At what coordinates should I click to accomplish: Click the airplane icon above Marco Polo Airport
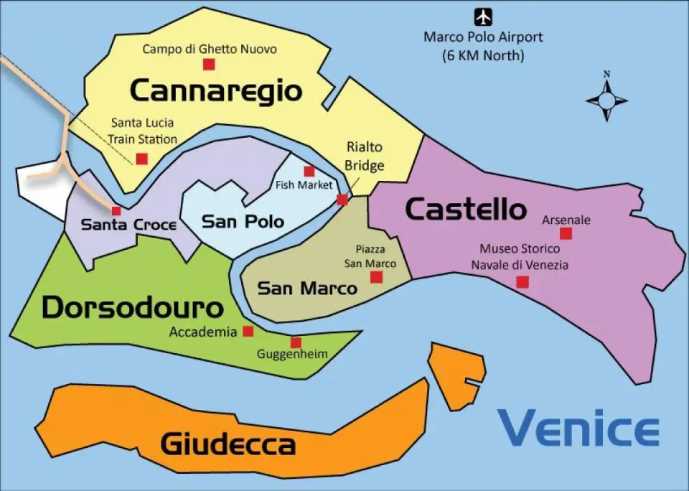click(484, 16)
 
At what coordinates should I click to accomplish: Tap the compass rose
click(606, 98)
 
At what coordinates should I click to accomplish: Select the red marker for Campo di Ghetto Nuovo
click(209, 65)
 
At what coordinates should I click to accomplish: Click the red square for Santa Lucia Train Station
click(142, 159)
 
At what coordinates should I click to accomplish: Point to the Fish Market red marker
click(309, 171)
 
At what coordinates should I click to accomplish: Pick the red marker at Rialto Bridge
click(342, 200)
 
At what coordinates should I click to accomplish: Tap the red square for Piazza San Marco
click(376, 277)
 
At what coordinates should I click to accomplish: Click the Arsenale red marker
click(566, 233)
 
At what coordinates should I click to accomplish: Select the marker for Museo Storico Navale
click(522, 282)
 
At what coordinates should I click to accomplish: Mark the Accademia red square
click(248, 331)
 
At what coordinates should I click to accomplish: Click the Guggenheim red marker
click(296, 342)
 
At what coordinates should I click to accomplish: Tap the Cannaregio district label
click(215, 91)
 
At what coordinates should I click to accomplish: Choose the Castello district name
click(466, 209)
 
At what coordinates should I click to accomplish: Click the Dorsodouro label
click(132, 307)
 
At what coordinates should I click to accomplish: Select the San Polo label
click(243, 222)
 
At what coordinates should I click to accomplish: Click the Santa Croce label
click(128, 225)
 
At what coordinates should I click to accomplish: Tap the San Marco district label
click(306, 289)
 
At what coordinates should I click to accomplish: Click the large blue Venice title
click(578, 429)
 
